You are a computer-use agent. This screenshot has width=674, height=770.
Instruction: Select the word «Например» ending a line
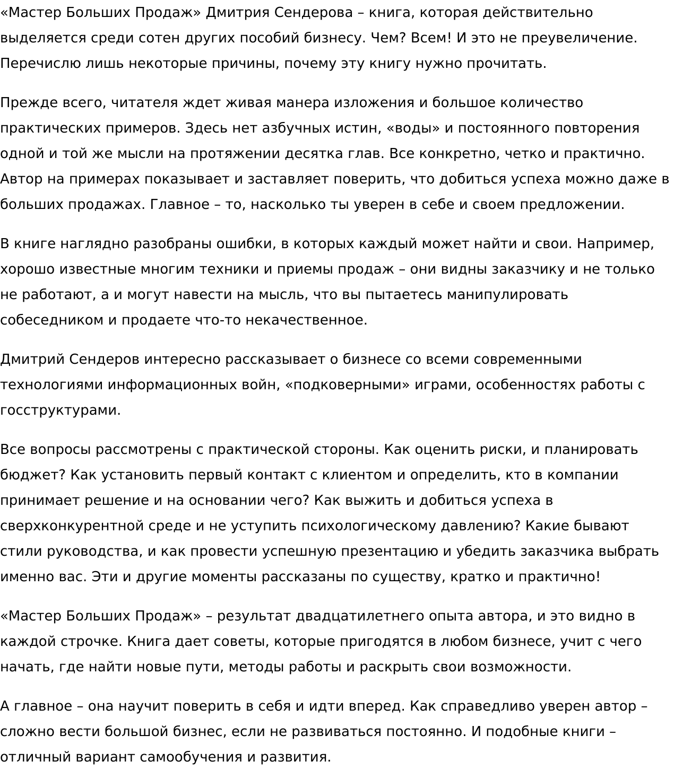615,244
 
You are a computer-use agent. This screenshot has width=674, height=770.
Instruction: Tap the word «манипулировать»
507,295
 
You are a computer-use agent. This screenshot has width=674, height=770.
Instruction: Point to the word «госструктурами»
61,410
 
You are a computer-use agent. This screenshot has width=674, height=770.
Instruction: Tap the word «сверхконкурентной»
72,526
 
